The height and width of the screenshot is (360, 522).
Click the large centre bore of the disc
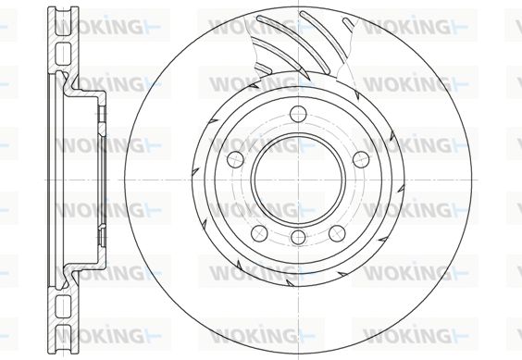[x=299, y=180]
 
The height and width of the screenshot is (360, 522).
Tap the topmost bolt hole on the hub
[x=298, y=114]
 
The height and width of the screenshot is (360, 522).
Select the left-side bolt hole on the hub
[x=235, y=159]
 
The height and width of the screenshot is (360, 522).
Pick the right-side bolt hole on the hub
[x=361, y=159]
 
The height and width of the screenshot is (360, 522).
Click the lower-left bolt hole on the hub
[x=260, y=233]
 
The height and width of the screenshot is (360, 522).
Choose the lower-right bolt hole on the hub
[x=337, y=233]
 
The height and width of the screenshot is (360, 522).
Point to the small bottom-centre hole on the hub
[x=298, y=238]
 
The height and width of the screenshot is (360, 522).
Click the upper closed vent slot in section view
[x=63, y=54]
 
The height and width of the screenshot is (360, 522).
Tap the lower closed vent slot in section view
[x=63, y=306]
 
